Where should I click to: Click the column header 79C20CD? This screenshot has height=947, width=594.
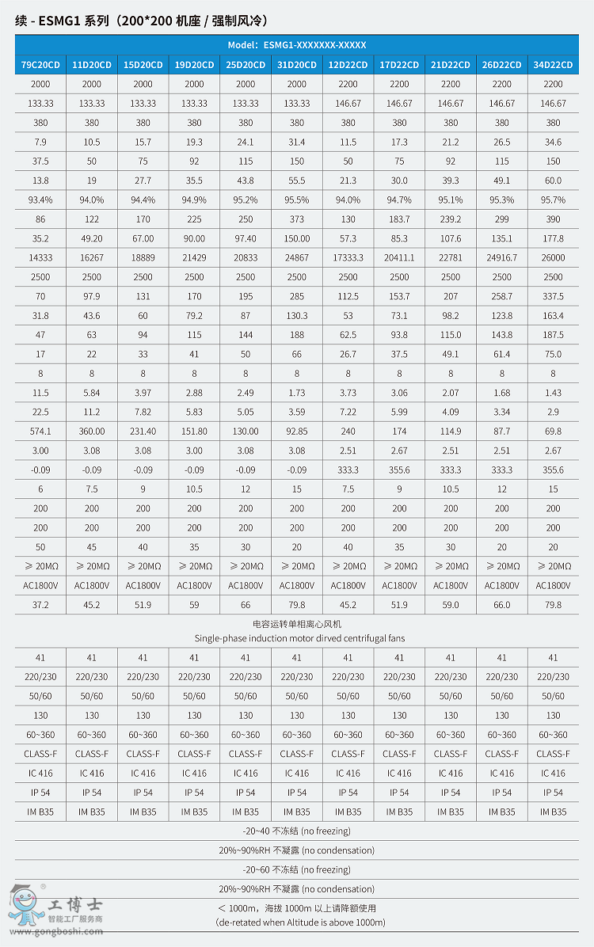(40, 65)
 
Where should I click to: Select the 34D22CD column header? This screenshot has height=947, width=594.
(553, 65)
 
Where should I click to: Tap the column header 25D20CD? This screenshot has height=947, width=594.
(246, 65)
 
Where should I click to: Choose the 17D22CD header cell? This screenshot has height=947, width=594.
(399, 65)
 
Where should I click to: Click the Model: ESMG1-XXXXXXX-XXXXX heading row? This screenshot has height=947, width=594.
(296, 45)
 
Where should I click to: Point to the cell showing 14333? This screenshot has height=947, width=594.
(40, 258)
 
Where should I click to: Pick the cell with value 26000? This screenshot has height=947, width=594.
(553, 258)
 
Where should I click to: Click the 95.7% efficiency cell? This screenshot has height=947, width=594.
(553, 200)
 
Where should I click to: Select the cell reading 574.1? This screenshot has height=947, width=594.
(40, 432)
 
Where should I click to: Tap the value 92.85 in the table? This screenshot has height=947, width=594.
(297, 432)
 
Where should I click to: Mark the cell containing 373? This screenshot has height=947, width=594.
(297, 219)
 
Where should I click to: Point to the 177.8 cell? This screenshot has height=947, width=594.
(553, 238)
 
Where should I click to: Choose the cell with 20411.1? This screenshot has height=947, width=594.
(399, 258)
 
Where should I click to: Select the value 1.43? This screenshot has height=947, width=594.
(553, 393)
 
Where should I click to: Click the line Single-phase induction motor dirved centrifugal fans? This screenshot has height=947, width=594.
(296, 638)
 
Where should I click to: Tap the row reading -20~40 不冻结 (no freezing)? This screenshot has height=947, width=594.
(296, 831)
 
